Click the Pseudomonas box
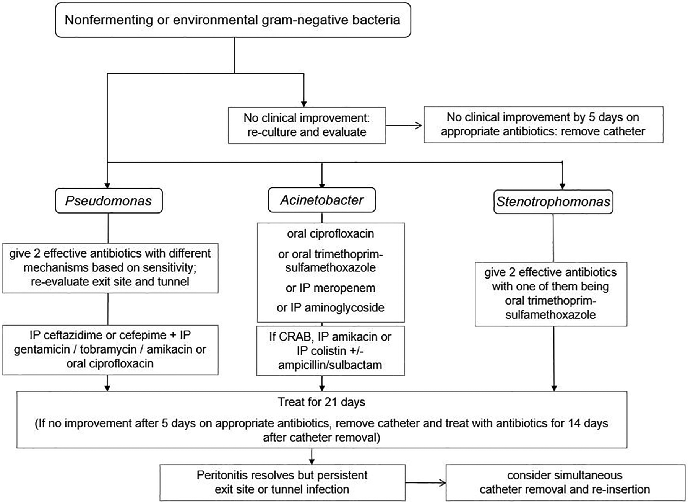click(109, 200)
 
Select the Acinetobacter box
click(322, 200)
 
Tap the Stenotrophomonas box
click(553, 202)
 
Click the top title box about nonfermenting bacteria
click(233, 20)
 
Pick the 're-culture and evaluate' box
click(307, 125)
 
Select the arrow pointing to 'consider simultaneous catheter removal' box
click(425, 483)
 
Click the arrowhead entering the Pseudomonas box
click(107, 185)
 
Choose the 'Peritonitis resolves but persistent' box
click(282, 482)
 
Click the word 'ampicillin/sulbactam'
click(330, 365)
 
